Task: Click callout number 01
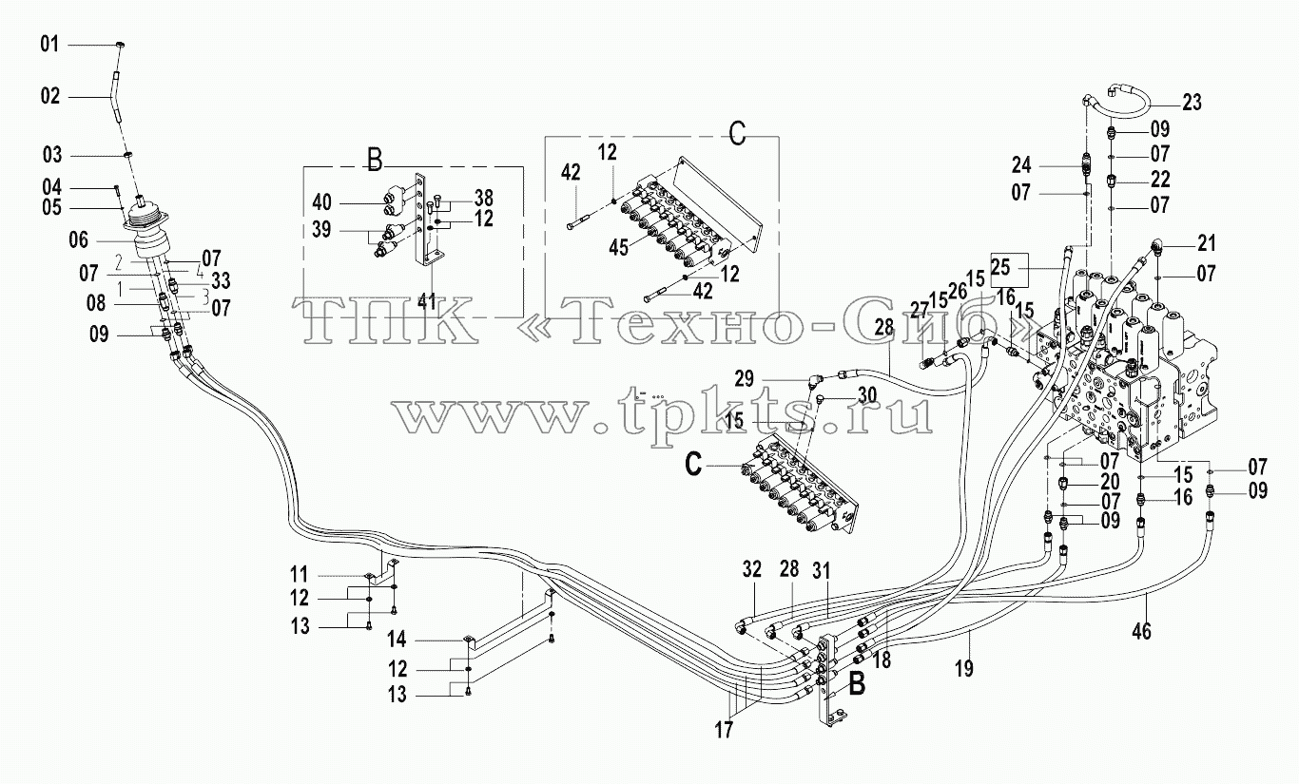pos(49,44)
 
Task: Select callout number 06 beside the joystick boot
pos(79,239)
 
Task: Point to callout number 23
pos(1192,103)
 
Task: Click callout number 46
pos(1141,631)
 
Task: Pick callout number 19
pos(964,669)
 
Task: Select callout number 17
pos(724,730)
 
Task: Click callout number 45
pos(619,247)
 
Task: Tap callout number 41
pos(427,300)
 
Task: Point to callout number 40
pos(321,202)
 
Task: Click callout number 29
pos(745,379)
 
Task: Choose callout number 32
pos(752,569)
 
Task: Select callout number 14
pos(397,640)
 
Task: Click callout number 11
pos(300,574)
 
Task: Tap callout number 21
pos(1207,242)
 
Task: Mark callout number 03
pos(52,155)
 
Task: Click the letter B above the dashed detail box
pos(376,161)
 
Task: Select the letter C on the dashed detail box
pos(737,135)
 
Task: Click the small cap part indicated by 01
pos(121,45)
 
